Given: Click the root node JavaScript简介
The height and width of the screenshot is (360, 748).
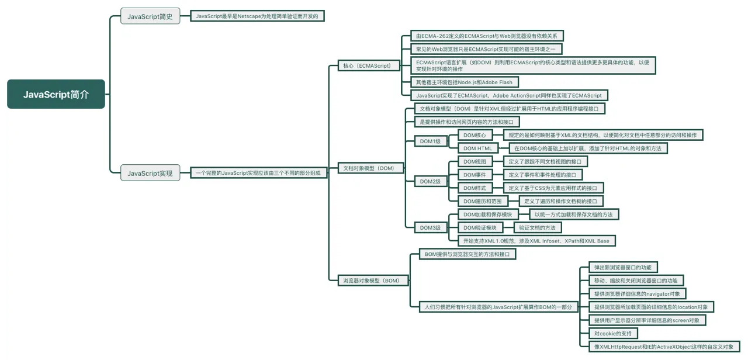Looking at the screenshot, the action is (x=56, y=94).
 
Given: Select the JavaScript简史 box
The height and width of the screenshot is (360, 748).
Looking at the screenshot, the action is (x=150, y=16).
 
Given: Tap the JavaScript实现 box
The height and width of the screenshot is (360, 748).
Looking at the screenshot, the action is (x=150, y=173).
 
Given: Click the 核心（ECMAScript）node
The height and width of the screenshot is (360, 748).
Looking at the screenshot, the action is (x=369, y=66).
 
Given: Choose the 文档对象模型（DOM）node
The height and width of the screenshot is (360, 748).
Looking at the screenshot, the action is (x=370, y=168).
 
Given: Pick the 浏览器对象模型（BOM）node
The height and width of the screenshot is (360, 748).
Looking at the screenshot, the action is (x=373, y=281).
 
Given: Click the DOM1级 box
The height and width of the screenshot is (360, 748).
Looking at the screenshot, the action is (x=431, y=141).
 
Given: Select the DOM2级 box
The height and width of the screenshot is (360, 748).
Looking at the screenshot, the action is (x=431, y=181).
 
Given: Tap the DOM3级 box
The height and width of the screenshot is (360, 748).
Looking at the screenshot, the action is (x=431, y=228).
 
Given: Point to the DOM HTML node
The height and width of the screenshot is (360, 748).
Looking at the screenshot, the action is (x=478, y=148).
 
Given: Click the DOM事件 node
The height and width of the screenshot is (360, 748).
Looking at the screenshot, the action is (x=475, y=175).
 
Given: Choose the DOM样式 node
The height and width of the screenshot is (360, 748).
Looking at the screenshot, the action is (x=475, y=188).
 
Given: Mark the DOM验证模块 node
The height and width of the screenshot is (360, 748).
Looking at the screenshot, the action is (x=480, y=228).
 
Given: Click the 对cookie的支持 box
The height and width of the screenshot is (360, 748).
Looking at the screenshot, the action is (x=613, y=333).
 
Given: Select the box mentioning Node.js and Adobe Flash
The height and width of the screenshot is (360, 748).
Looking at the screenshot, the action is (x=465, y=82).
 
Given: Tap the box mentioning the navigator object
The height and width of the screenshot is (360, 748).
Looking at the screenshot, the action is (x=637, y=294).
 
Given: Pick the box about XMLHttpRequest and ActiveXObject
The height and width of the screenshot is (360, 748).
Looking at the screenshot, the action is (x=664, y=347).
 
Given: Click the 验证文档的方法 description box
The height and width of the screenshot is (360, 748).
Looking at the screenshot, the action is (x=537, y=228).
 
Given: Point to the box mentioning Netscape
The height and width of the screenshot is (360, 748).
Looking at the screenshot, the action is (x=257, y=16).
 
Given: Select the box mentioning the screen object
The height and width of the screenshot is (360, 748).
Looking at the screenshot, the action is (x=647, y=320).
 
